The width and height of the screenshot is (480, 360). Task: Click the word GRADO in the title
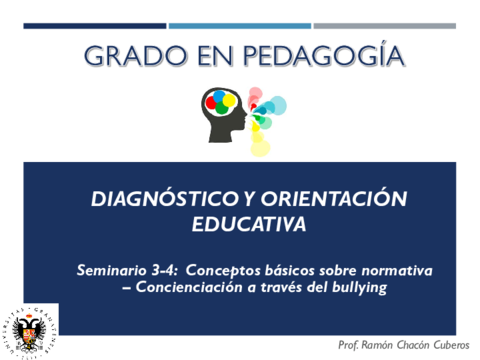(135, 55)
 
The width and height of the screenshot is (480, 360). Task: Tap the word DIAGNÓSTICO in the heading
(165, 198)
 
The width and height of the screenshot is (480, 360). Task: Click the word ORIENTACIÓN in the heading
(334, 198)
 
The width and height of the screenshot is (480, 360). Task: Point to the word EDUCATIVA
(249, 224)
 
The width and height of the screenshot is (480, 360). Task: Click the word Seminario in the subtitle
(112, 270)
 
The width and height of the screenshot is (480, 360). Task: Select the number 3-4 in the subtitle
(164, 270)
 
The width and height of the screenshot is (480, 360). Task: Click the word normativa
(397, 271)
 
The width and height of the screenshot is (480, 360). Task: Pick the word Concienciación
(189, 287)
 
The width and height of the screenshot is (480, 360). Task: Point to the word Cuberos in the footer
(451, 345)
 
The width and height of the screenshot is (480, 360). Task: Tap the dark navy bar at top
(95, 26)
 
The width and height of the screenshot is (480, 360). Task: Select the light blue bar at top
(240, 26)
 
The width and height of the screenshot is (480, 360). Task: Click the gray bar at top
(385, 26)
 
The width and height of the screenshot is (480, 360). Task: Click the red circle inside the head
(211, 102)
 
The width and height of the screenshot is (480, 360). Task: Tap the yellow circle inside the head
(229, 100)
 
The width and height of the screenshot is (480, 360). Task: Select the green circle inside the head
(222, 108)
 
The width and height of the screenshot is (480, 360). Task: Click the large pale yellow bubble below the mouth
(260, 148)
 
